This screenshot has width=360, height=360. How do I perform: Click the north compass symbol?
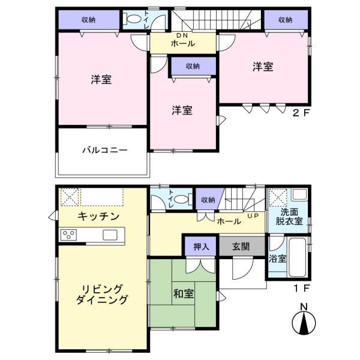coord(304,320)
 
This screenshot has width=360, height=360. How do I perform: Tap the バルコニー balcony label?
coord(105,150)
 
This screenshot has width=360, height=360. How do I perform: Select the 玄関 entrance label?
coord(241,247)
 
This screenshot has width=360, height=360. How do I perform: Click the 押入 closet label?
coord(202,247)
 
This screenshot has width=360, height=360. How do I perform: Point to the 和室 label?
coord(184,293)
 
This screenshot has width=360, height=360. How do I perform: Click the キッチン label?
coord(98,216)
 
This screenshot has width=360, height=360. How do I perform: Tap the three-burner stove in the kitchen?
coord(68,235)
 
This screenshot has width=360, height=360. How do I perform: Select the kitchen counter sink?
coord(110,235)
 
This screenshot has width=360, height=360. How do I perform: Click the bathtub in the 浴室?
coord(297,257)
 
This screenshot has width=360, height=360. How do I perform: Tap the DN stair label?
coord(182,35)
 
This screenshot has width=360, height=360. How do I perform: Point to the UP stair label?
coord(253,216)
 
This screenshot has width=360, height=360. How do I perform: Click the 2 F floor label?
coord(301,113)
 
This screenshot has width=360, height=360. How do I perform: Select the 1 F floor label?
coord(302,288)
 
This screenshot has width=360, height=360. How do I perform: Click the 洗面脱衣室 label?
coord(289,217)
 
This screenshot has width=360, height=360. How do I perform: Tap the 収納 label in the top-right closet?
coord(286,20)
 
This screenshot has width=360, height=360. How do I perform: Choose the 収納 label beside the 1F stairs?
coord(208,200)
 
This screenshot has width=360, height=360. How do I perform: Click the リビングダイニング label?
coord(102,295)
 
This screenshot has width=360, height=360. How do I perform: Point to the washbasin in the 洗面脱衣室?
coord(299,195)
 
